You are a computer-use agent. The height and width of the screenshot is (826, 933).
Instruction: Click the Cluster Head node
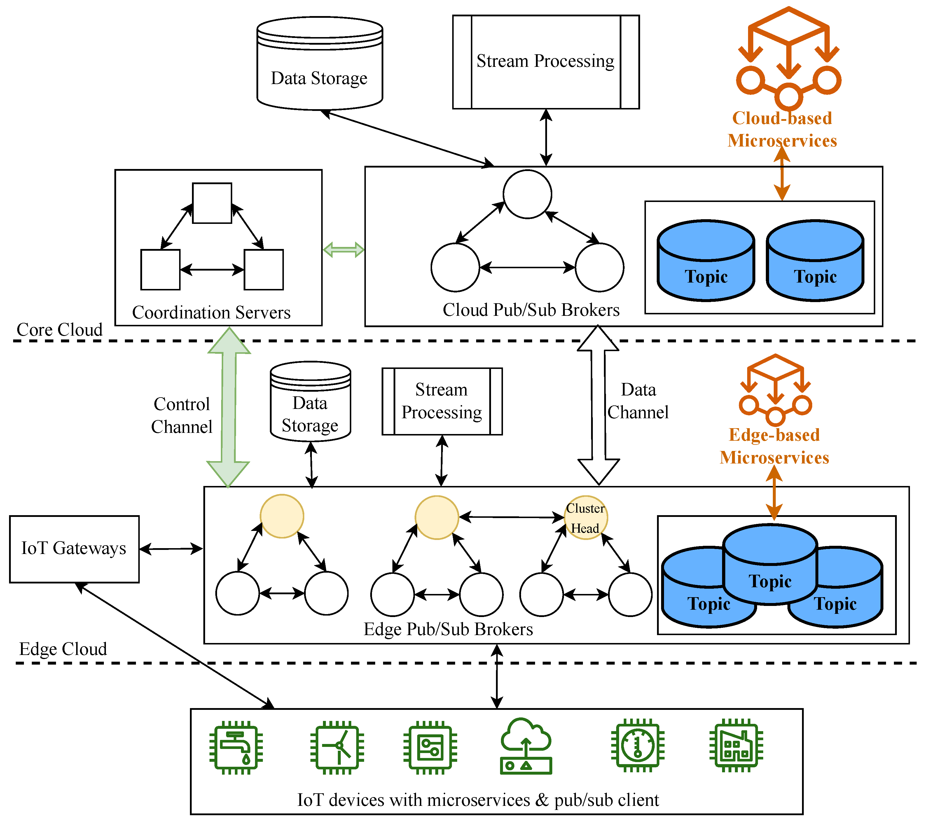coord(586,518)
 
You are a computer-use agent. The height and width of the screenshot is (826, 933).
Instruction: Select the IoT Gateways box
coord(74,549)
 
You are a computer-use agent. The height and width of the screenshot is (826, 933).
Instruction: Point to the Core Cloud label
coord(59,330)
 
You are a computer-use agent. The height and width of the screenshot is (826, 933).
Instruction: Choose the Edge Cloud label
coord(63,649)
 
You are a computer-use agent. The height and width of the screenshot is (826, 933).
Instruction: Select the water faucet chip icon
coord(236,748)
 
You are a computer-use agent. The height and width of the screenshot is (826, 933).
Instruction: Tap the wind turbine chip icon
coord(337,748)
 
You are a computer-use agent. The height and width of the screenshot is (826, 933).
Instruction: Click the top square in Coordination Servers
coord(212,203)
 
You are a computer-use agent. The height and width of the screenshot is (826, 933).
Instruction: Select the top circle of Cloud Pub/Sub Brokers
coord(527,194)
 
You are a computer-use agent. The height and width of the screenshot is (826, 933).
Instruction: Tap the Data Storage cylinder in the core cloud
coord(319,64)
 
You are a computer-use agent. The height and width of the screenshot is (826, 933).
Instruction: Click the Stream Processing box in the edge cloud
coord(442,401)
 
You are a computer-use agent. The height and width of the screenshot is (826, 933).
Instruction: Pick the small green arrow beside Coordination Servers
coord(343,250)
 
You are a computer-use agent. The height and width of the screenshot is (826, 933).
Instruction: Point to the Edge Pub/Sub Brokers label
coord(448,629)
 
